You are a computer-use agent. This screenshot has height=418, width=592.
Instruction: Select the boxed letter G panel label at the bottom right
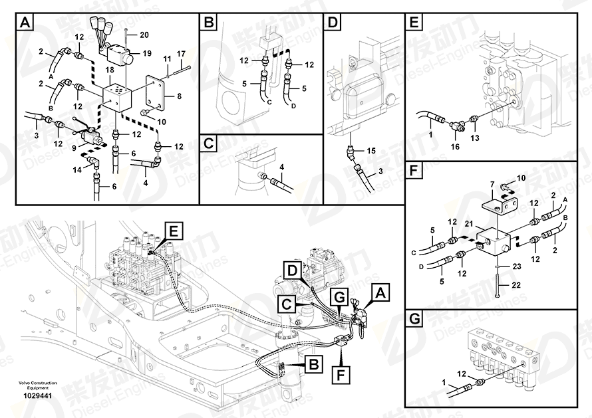pyautogui.click(x=414, y=320)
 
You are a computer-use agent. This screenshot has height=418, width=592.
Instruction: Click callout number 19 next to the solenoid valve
pyautogui.click(x=147, y=53)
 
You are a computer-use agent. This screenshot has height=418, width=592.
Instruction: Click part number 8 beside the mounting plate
pyautogui.click(x=178, y=96)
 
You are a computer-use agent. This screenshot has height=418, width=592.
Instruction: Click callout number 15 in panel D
pyautogui.click(x=371, y=152)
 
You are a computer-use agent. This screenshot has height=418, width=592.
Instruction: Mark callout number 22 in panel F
pyautogui.click(x=512, y=284)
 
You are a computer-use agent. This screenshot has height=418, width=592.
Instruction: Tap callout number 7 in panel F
pyautogui.click(x=492, y=183)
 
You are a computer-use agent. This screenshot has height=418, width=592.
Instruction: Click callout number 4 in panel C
pyautogui.click(x=281, y=166)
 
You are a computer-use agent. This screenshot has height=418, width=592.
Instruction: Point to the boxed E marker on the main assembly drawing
pyautogui.click(x=174, y=231)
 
